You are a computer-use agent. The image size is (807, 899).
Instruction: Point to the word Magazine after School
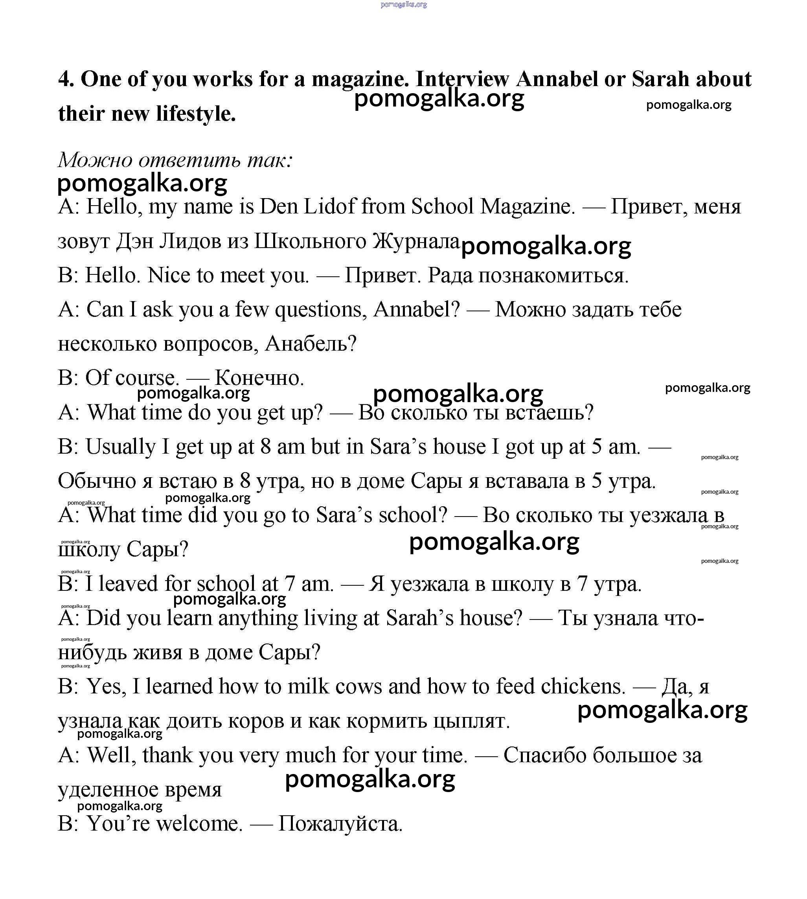pos(527,207)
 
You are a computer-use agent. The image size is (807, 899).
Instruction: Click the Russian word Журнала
pos(416,241)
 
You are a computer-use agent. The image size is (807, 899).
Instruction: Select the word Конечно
pos(259,378)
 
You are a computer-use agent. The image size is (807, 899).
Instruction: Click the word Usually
pos(120,447)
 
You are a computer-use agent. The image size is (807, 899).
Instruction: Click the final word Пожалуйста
pos(340,824)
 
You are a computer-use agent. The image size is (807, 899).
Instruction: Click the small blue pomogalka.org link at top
pos(403,4)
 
